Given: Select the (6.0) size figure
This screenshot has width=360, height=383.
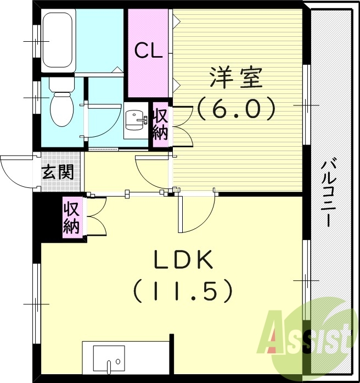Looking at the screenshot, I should (235, 109).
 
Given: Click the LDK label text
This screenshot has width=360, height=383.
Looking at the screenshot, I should (183, 261).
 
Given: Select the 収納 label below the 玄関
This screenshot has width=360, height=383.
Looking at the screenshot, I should (72, 218).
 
